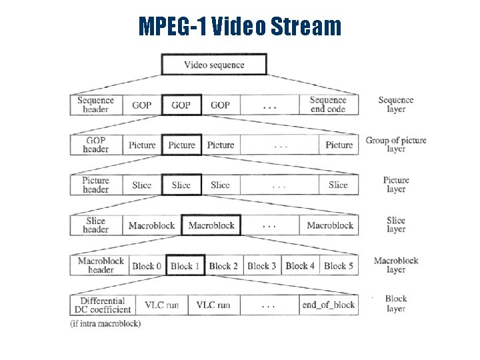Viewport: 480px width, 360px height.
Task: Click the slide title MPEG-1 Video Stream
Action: tap(239, 27)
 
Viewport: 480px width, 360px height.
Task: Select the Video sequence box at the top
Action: tap(214, 65)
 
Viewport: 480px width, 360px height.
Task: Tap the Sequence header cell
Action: tap(96, 105)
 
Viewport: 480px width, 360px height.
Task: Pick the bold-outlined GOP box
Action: tap(181, 105)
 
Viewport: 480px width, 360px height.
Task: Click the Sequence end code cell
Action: tap(328, 105)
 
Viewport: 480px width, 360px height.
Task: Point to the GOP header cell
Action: tap(96, 145)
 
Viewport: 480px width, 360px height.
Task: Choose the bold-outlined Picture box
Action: tap(181, 145)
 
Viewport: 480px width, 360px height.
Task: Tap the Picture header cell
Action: tap(96, 185)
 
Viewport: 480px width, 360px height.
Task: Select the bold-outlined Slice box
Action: tap(181, 185)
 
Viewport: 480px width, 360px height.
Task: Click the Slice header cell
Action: tap(96, 225)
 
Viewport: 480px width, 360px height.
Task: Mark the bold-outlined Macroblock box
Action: tap(211, 225)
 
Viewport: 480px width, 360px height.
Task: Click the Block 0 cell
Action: tap(147, 266)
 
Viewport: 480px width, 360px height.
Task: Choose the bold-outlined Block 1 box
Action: tap(186, 266)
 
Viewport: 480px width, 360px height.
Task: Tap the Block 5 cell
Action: tap(339, 266)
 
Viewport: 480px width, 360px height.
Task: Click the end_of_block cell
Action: tap(328, 305)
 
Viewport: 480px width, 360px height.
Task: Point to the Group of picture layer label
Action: tap(396, 145)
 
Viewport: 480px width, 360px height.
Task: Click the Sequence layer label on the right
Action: tap(396, 105)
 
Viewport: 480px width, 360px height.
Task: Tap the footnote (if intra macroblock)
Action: tap(105, 324)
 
